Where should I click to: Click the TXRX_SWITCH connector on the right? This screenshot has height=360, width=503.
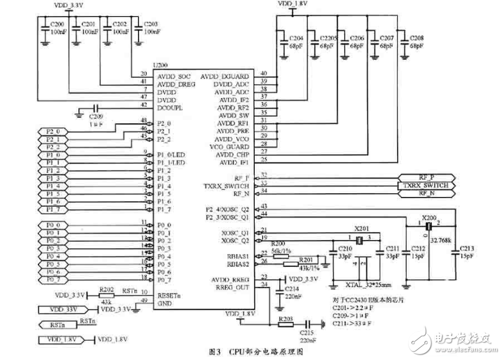pyautogui.click(x=426, y=185)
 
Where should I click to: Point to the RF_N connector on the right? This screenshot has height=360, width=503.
pyautogui.click(x=426, y=193)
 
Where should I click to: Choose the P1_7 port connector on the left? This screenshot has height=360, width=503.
pyautogui.click(x=53, y=209)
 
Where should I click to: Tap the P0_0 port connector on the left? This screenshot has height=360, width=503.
pyautogui.click(x=53, y=225)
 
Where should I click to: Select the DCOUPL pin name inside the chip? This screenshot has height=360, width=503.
pyautogui.click(x=170, y=108)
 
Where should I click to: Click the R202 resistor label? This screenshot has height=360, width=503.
pyautogui.click(x=107, y=289)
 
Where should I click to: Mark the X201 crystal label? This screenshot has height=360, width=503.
pyautogui.click(x=363, y=229)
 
